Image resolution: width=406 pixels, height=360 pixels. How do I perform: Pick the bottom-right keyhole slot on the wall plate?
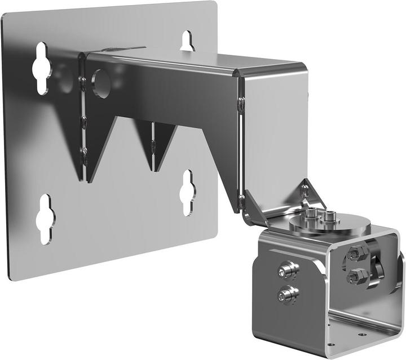(188, 192)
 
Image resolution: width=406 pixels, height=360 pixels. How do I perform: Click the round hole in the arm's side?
(102, 83)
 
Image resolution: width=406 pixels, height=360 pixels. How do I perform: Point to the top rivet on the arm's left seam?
(83, 82)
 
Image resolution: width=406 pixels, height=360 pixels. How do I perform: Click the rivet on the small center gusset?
(153, 145)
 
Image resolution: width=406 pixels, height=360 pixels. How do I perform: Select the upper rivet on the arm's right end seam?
(241, 103)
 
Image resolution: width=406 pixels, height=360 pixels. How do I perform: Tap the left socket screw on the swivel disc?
(312, 213)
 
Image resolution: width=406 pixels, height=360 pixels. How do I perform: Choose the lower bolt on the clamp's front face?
(287, 294)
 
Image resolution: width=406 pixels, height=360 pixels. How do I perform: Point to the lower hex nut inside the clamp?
(356, 276)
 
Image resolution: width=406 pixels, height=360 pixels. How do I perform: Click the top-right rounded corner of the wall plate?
(214, 7)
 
